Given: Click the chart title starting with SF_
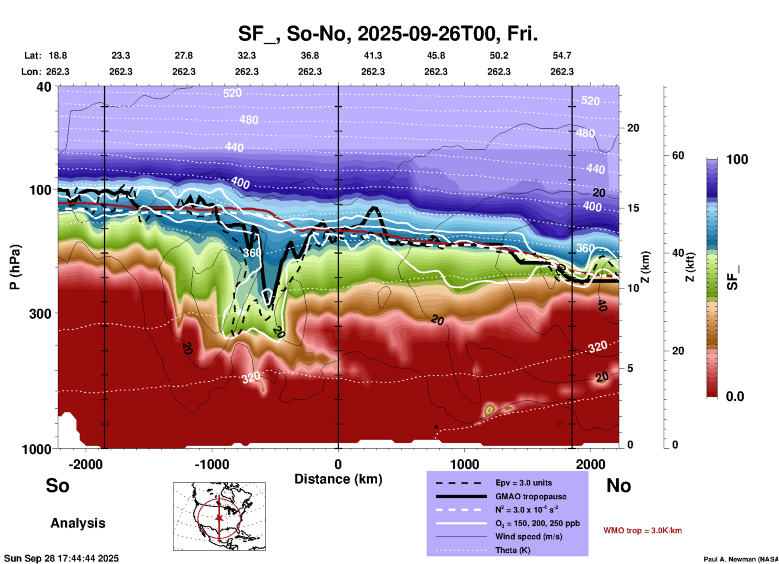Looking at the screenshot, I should coord(387,34).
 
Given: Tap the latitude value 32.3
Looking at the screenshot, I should coord(246,55).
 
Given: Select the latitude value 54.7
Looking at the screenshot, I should coord(562,55).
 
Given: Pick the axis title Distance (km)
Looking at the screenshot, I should coord(338,479).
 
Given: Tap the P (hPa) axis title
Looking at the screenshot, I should coord(15,267).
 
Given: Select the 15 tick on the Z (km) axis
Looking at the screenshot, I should coord(633,208).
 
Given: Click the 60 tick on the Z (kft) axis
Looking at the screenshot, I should coord(678,156).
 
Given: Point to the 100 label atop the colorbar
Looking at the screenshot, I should coord(737,159).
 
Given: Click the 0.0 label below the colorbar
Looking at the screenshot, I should coord(735,396).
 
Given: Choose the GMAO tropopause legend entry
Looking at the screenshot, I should coord(531,496).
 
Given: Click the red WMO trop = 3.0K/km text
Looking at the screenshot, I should coord(642,530).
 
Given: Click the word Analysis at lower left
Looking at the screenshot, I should coord(78,523).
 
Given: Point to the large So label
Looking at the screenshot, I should coord(57,486).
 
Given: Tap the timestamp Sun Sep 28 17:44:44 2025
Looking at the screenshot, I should coord(61,558).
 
